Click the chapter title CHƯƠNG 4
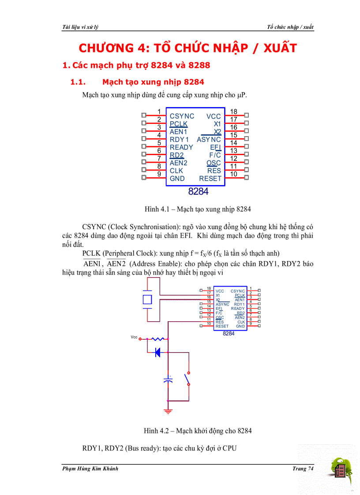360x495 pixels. [x=187, y=48]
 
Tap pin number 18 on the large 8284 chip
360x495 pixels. [x=234, y=112]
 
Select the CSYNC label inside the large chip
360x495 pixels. [x=182, y=116]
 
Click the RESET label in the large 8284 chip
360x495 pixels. [x=210, y=179]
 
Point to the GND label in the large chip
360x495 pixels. [x=177, y=179]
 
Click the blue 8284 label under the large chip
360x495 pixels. [x=198, y=192]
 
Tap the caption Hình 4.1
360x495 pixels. [x=198, y=208]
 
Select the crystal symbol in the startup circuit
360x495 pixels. [x=148, y=300]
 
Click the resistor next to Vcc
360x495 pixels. [x=157, y=339]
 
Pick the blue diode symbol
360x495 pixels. [x=157, y=352]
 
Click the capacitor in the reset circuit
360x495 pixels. [x=168, y=380]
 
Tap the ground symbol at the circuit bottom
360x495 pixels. [x=168, y=411]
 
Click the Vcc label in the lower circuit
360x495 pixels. [x=134, y=337]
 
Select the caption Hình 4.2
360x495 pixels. [x=198, y=431]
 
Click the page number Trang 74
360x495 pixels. [x=303, y=469]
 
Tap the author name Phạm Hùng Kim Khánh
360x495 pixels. [x=90, y=469]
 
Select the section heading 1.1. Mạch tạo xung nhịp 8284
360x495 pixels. [x=138, y=82]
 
